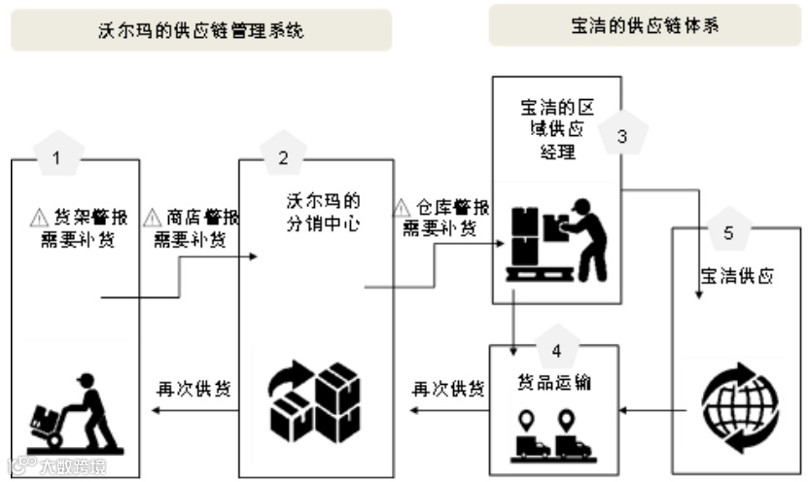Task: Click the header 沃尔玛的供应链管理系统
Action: coord(201,30)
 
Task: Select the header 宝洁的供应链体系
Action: coord(646,25)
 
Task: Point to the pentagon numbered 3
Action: coord(621,137)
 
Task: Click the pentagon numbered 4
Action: coord(555,348)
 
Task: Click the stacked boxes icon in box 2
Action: coord(314,399)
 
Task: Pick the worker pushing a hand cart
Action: coord(73,412)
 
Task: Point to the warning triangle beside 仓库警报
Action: coord(401,208)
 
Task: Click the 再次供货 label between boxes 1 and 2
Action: coord(193,389)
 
